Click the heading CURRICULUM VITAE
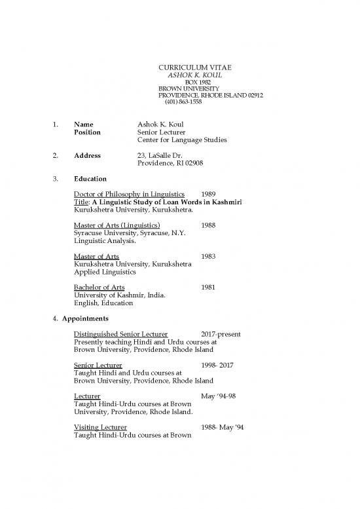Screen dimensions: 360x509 [x=196, y=68]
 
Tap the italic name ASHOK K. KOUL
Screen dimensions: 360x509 [x=195, y=75]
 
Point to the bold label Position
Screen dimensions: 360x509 [x=88, y=132]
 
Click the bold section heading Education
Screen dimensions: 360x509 [x=91, y=178]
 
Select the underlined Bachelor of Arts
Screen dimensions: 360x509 [x=99, y=287]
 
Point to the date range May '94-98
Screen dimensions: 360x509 [x=220, y=396]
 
